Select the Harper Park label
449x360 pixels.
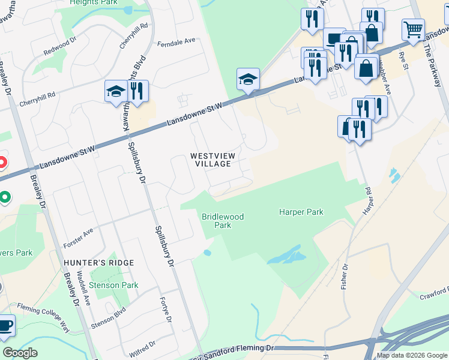(x=301, y=212)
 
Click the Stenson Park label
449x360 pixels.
(x=113, y=286)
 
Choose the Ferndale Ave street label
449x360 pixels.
(x=176, y=41)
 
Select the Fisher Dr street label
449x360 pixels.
(x=345, y=276)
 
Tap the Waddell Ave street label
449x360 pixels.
(x=86, y=292)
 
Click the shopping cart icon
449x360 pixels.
(x=413, y=29)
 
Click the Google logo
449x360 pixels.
(x=20, y=353)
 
